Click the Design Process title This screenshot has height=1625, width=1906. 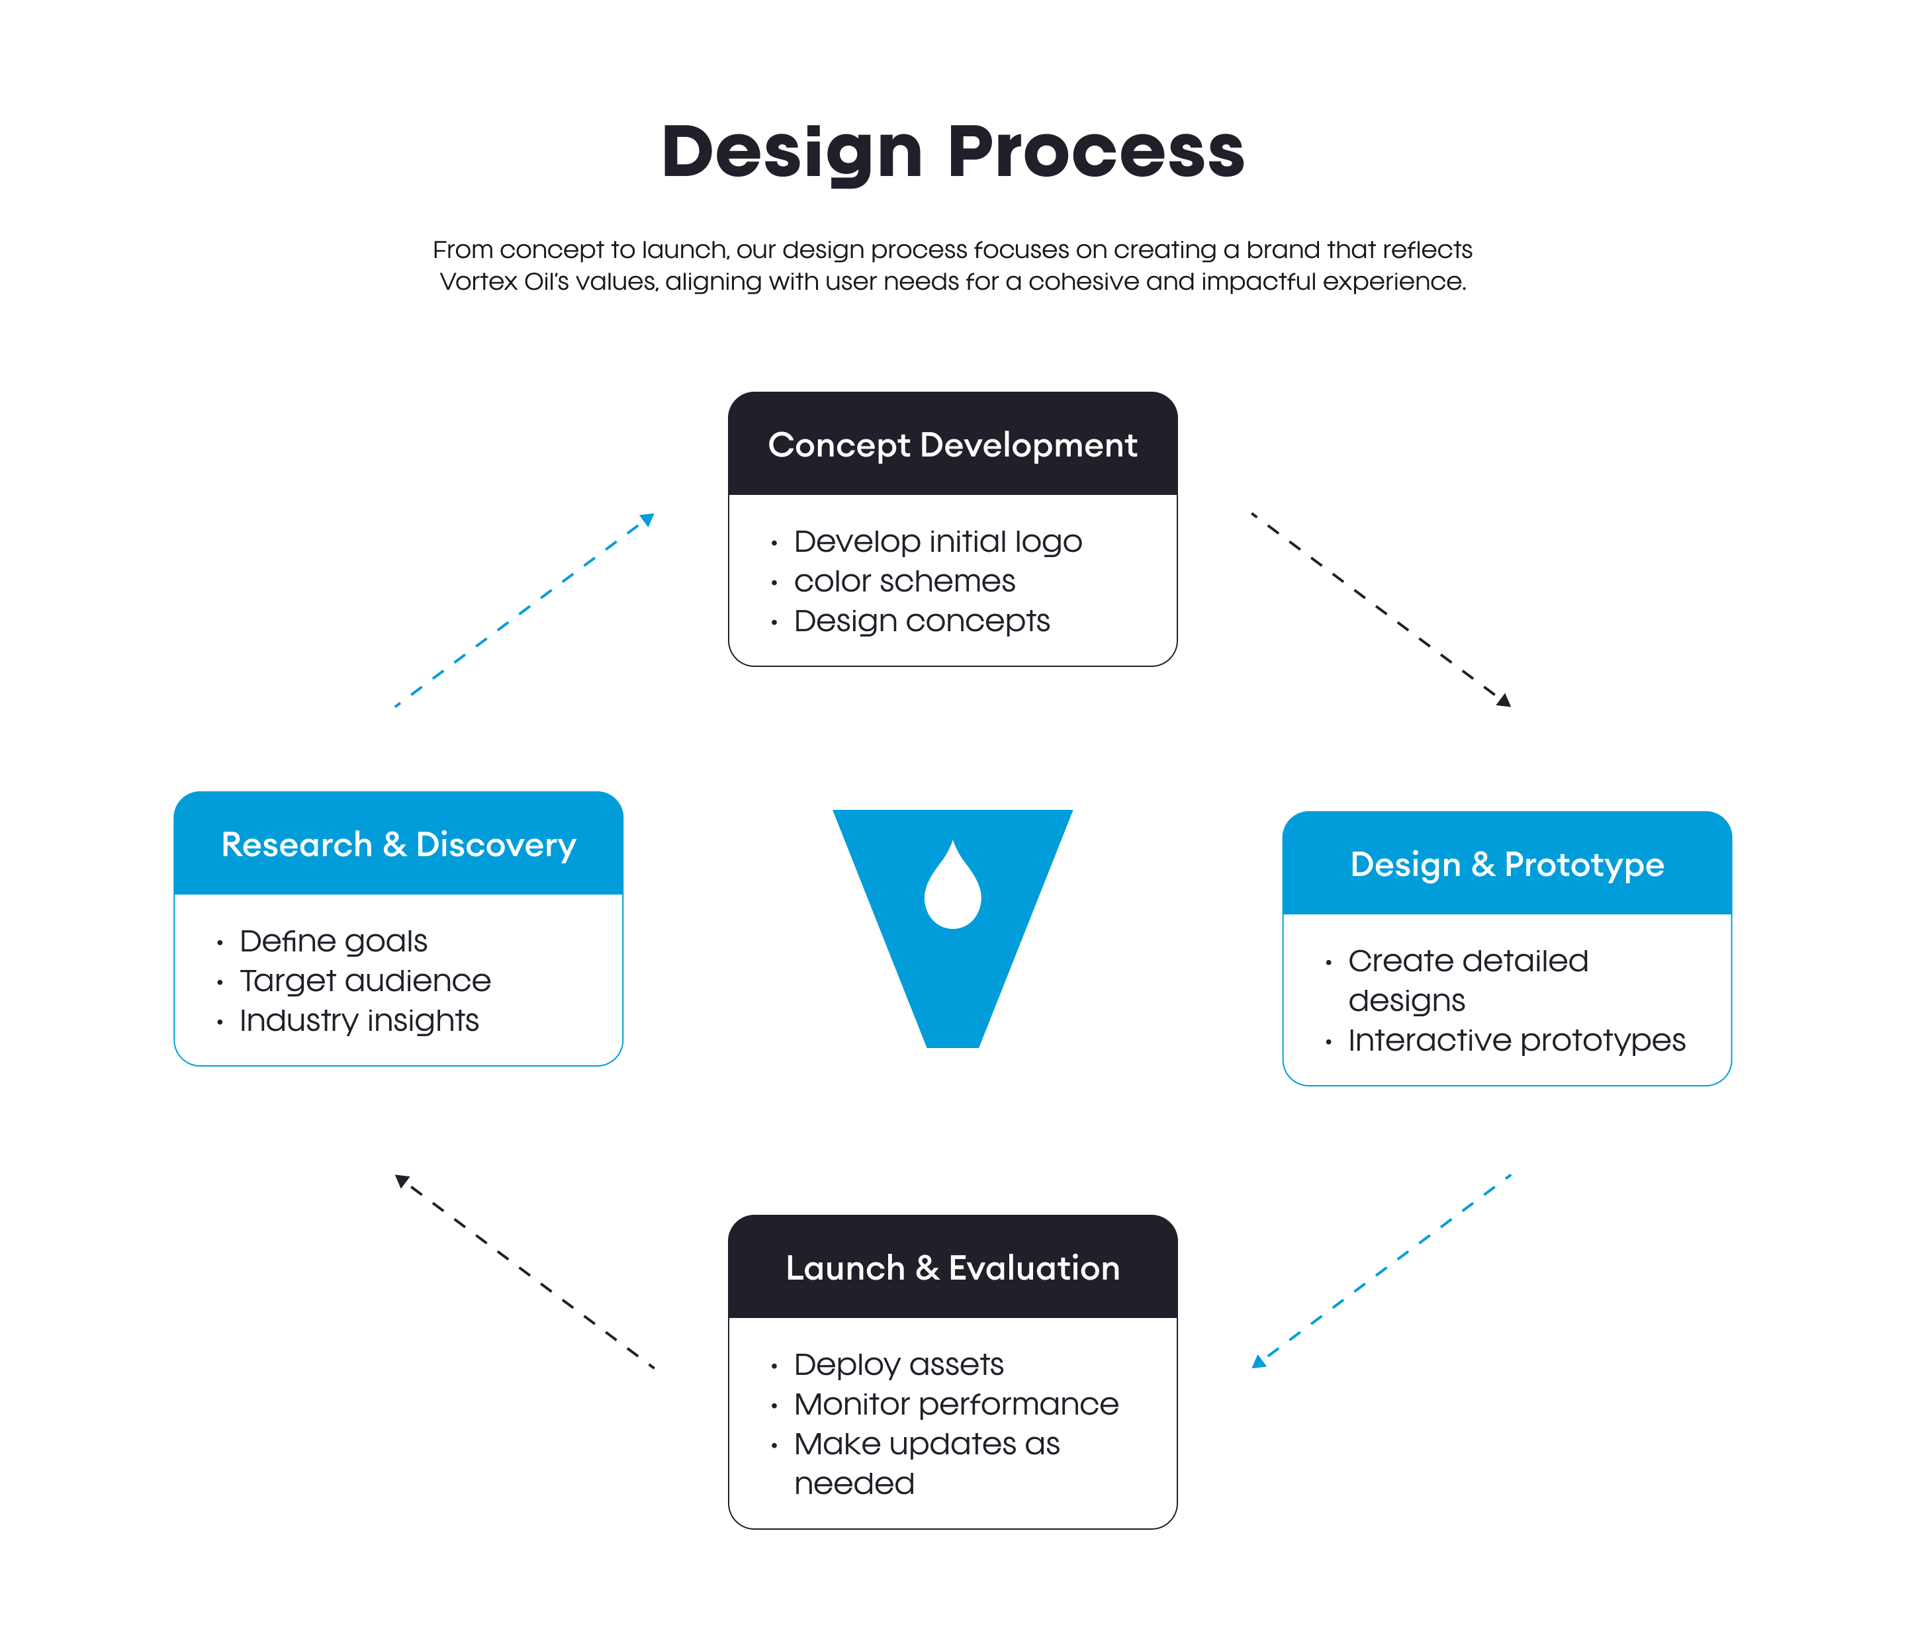(x=952, y=152)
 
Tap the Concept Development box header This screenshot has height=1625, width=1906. (x=952, y=445)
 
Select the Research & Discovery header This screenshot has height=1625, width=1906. (x=398, y=844)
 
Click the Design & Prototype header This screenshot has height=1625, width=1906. (x=1507, y=865)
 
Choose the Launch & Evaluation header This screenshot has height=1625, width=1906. (x=952, y=1268)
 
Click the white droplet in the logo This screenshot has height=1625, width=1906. (x=952, y=889)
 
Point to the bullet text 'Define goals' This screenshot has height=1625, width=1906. (x=333, y=941)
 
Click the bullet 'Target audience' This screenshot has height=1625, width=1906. (x=365, y=981)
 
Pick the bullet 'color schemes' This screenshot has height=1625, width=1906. (x=904, y=581)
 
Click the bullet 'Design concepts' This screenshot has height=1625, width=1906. (x=922, y=621)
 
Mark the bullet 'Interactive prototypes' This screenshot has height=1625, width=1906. (x=1516, y=1040)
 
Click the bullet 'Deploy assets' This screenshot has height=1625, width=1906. (x=899, y=1364)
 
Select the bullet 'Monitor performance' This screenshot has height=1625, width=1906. (x=956, y=1404)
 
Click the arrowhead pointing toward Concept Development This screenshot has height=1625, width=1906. (x=648, y=519)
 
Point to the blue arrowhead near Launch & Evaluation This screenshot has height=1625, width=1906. (x=1258, y=1362)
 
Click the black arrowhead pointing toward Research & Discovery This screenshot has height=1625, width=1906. (x=402, y=1180)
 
